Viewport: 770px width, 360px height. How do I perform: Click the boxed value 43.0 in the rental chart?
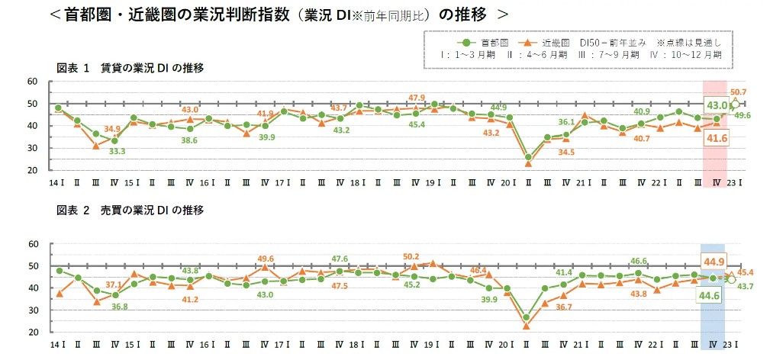[x=717, y=105]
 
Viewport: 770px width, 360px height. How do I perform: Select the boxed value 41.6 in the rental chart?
[x=717, y=137]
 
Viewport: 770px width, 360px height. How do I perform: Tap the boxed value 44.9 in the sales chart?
[x=714, y=262]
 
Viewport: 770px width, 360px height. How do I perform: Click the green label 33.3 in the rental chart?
[x=118, y=151]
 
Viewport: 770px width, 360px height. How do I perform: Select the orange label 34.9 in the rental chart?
[x=112, y=128]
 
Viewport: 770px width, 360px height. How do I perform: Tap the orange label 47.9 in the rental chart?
[x=417, y=98]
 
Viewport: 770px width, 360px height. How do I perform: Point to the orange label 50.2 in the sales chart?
[x=411, y=256]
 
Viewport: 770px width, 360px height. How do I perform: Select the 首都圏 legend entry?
[x=478, y=43]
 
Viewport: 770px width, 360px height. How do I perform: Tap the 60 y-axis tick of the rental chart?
[x=32, y=82]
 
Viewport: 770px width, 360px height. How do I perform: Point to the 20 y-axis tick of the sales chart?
[x=32, y=333]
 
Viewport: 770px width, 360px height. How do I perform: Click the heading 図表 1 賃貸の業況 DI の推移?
[x=130, y=68]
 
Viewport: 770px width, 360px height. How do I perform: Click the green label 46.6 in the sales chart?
[x=639, y=261]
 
